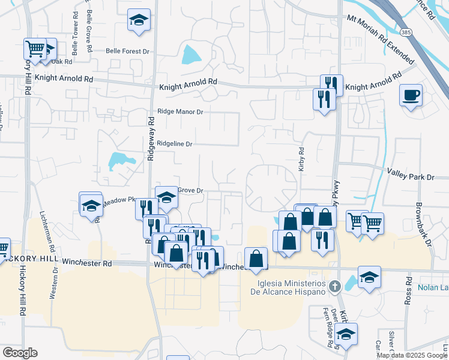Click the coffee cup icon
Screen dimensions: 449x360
(x=411, y=95)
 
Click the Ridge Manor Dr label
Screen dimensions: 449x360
(x=180, y=112)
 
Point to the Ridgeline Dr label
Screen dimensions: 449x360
(x=175, y=144)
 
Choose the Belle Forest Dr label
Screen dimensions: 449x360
(x=127, y=52)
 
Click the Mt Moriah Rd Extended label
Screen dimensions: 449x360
(x=381, y=39)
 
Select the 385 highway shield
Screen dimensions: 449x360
(x=406, y=32)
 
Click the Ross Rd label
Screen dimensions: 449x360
(x=408, y=291)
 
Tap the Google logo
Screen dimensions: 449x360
(x=20, y=353)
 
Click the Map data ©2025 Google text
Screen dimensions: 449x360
(x=412, y=355)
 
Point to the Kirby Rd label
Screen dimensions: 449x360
(x=301, y=160)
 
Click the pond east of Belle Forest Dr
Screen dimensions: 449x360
(x=191, y=56)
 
